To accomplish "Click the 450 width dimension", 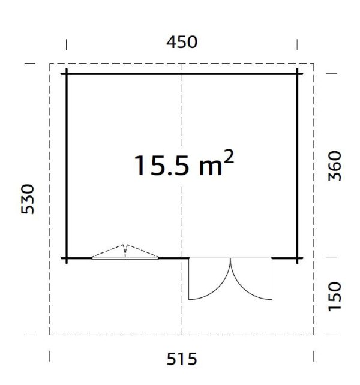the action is [182, 42].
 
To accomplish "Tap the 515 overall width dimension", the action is [182, 359].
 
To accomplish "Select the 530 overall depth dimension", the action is [28, 199].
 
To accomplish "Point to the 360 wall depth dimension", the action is [335, 166].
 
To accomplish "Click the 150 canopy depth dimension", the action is [335, 296].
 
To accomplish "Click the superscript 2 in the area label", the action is [229, 157].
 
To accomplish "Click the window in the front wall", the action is [125, 258].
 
